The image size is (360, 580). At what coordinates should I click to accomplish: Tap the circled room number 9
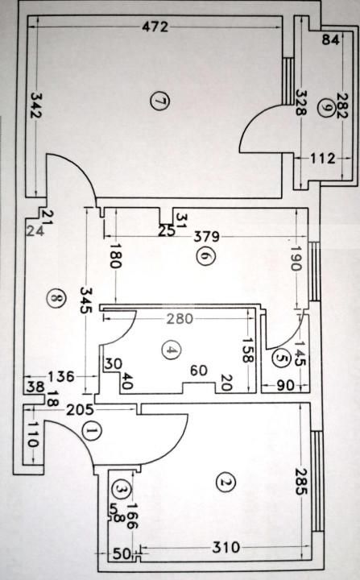point(324,112)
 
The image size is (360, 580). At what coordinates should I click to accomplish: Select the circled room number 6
point(203,255)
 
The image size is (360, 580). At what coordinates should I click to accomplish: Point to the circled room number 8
point(55,297)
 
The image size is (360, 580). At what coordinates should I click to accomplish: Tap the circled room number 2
point(225,483)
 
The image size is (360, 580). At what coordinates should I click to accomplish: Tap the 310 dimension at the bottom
point(226,549)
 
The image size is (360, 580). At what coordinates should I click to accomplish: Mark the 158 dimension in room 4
point(247,351)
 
